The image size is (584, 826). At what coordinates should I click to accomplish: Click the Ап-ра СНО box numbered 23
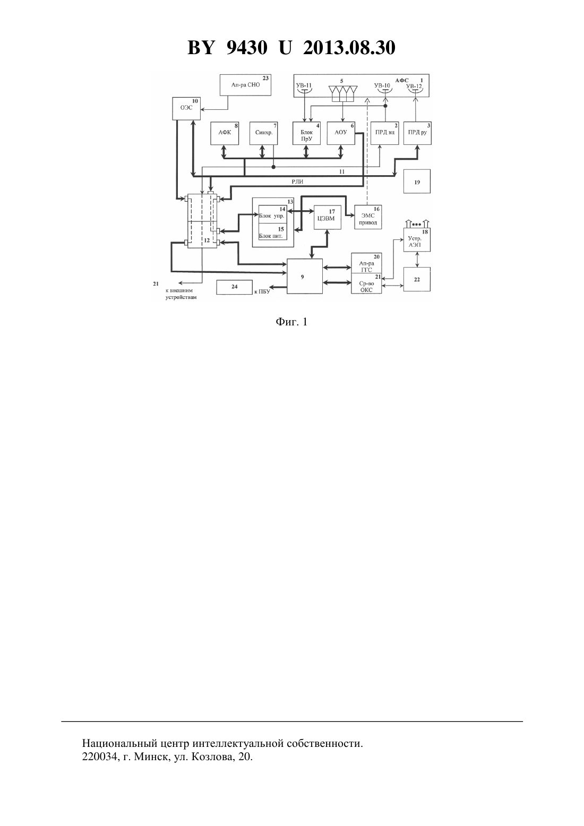pyautogui.click(x=245, y=85)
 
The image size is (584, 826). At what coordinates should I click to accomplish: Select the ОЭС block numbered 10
pyautogui.click(x=186, y=108)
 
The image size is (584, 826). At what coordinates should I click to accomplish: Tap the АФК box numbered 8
pyautogui.click(x=225, y=133)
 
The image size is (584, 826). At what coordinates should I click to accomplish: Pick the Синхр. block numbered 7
pyautogui.click(x=263, y=133)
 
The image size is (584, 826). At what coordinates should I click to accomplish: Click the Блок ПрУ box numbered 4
pyautogui.click(x=306, y=133)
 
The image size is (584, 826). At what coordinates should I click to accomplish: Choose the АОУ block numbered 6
pyautogui.click(x=341, y=133)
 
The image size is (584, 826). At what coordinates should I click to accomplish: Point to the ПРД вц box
pyautogui.click(x=384, y=133)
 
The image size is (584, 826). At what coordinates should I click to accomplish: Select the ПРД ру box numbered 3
pyautogui.click(x=417, y=133)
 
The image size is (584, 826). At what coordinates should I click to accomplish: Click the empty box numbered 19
pyautogui.click(x=417, y=181)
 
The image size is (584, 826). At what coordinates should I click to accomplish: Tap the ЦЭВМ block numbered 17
pyautogui.click(x=328, y=217)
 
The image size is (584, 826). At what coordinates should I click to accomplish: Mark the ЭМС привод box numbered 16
pyautogui.click(x=368, y=217)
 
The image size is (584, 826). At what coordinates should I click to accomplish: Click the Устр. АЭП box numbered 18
pyautogui.click(x=417, y=240)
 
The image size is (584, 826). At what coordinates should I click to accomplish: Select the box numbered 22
pyautogui.click(x=417, y=279)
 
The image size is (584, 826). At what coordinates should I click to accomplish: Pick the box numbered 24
pyautogui.click(x=234, y=287)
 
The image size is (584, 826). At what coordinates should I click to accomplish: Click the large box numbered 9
pyautogui.click(x=305, y=276)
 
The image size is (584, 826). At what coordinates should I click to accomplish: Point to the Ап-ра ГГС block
pyautogui.click(x=366, y=263)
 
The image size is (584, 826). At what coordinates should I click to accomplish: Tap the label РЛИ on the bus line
pyautogui.click(x=297, y=182)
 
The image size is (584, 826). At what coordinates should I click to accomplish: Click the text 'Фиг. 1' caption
pyautogui.click(x=291, y=322)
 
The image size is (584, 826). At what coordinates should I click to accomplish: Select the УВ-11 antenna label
pyautogui.click(x=304, y=85)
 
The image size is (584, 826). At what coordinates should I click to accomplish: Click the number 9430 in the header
pyautogui.click(x=247, y=48)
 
